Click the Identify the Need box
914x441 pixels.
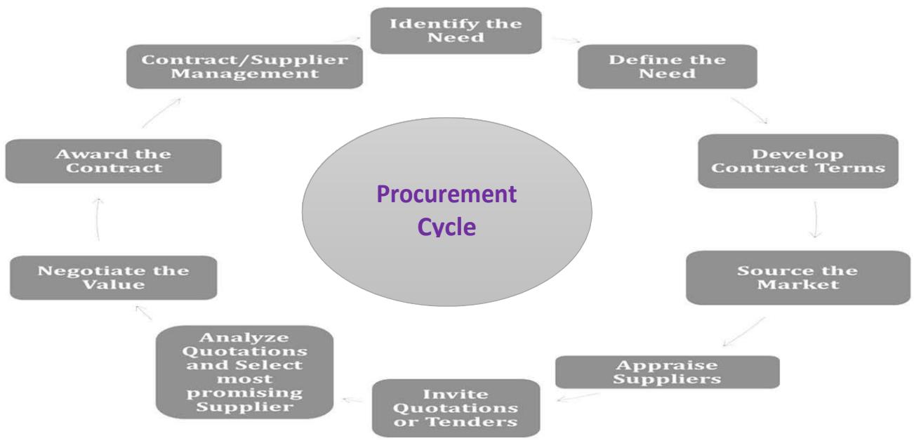point(456,30)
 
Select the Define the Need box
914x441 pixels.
point(667,66)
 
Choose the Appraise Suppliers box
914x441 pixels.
point(666,371)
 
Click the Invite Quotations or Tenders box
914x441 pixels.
point(456,408)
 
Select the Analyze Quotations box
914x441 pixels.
point(244,372)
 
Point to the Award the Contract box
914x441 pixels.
point(112,161)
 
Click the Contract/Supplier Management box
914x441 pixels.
point(245,67)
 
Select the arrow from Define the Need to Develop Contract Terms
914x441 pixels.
point(748,110)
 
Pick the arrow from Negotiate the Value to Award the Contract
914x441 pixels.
point(99,219)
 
